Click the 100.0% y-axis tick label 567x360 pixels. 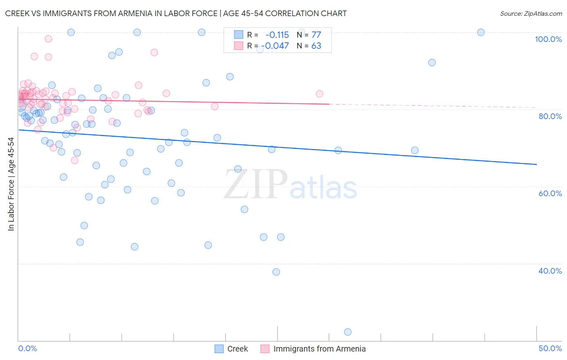[548, 39]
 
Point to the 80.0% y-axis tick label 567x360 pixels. [550, 116]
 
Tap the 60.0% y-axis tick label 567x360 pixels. [550, 193]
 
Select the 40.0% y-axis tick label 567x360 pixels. [550, 271]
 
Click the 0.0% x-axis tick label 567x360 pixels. [27, 348]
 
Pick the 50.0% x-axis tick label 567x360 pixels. [550, 348]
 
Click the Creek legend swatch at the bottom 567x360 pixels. [219, 349]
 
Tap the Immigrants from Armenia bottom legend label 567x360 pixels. [319, 349]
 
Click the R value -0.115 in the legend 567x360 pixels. [277, 35]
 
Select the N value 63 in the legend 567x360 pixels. [316, 46]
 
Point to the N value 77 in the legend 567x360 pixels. [316, 35]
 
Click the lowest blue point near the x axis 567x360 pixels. [348, 332]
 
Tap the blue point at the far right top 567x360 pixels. [481, 32]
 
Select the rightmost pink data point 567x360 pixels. [319, 94]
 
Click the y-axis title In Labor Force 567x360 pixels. [11, 184]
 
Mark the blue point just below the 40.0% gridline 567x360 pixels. [276, 272]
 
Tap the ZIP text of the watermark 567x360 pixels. [256, 184]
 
